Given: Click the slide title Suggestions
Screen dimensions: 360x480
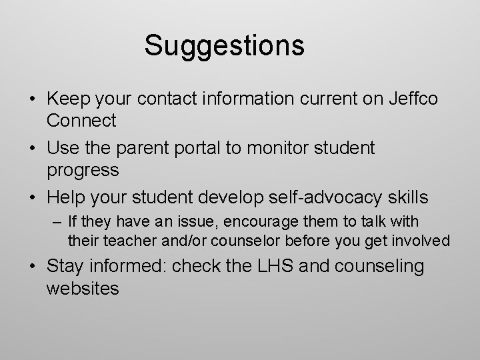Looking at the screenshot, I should point(224,46).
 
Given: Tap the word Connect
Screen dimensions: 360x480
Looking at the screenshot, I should point(81,121).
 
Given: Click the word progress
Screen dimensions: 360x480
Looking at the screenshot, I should point(83,171).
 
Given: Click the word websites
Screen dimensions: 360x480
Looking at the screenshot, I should point(83,288).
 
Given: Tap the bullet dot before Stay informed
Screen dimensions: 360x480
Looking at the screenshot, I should point(33,267).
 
